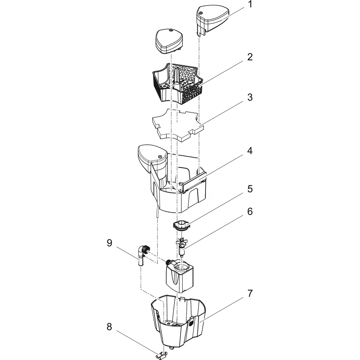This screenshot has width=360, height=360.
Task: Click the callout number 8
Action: click(x=109, y=327)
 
